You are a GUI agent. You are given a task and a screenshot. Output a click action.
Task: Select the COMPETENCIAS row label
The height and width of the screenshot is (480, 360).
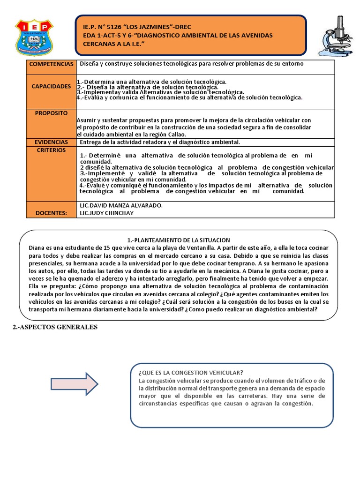click(x=51, y=64)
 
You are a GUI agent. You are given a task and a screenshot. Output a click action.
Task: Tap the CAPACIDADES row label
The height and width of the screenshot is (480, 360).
click(x=51, y=87)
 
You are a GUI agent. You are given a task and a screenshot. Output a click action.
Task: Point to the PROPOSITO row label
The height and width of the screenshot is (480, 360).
click(x=51, y=113)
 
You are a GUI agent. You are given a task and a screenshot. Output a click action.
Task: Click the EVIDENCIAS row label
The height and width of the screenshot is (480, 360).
click(x=51, y=142)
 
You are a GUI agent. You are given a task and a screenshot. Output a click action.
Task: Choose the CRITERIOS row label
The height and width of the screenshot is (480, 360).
click(x=51, y=150)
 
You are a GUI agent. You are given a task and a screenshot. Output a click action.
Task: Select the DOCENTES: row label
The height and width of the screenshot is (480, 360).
click(x=51, y=213)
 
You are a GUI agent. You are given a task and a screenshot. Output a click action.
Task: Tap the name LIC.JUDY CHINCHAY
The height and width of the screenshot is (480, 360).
click(x=106, y=213)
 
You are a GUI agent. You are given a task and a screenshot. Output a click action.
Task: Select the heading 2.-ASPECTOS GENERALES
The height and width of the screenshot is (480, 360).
click(x=54, y=327)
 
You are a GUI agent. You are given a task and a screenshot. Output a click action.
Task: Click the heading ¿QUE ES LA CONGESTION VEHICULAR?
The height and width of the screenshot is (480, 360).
click(x=191, y=372)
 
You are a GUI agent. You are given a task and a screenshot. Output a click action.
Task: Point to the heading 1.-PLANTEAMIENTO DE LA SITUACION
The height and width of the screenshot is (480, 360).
click(x=179, y=240)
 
